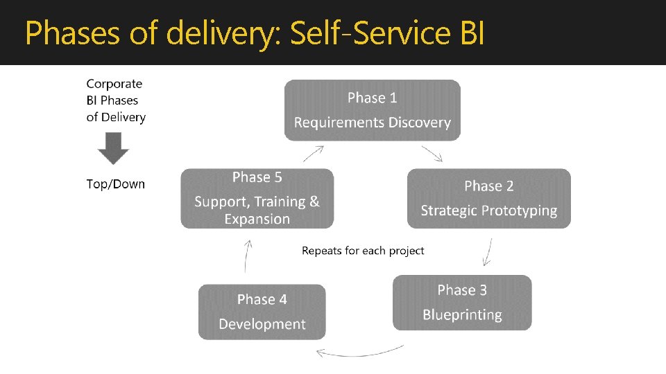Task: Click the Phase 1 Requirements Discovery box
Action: [373, 110]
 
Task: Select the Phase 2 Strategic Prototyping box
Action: [488, 198]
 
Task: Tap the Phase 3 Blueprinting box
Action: [462, 303]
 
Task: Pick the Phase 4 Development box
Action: [262, 312]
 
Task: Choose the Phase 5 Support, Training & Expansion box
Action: [257, 198]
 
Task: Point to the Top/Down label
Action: [116, 184]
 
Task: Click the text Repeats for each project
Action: [363, 250]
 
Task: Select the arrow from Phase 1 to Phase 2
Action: [432, 153]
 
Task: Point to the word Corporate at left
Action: [114, 84]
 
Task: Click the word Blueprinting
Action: [462, 314]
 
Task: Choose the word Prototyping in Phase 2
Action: [518, 211]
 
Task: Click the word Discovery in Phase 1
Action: [420, 123]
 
